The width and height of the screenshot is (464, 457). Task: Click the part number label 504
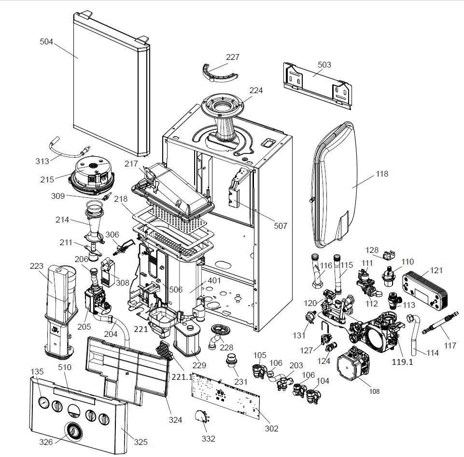coord(46,42)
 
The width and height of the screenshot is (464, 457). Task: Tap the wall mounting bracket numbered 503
coord(316,82)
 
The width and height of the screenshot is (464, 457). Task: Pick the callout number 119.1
coord(403,360)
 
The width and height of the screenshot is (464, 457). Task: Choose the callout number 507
coord(280,226)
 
